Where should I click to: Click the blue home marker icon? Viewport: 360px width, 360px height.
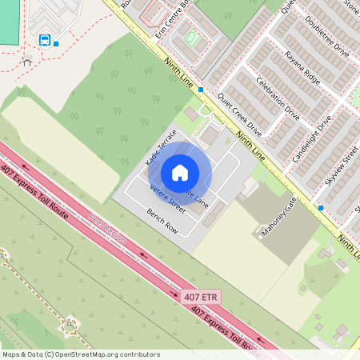point(180,172)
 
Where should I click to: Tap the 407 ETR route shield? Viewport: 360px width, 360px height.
point(200,297)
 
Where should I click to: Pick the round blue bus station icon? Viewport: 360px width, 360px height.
point(45,40)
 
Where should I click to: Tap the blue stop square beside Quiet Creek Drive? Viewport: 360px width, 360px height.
point(201,90)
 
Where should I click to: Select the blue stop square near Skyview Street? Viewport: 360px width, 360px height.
point(320,208)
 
